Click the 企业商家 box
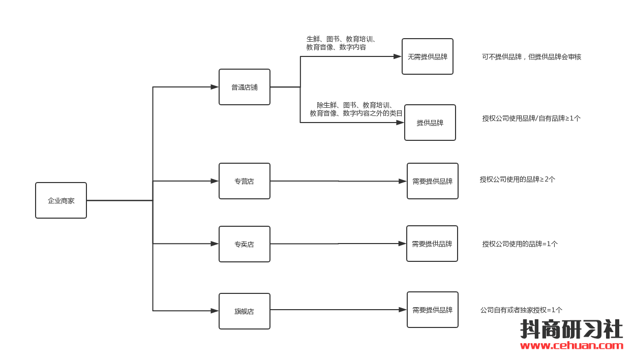click(61, 200)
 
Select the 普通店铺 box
click(245, 87)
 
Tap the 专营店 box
click(245, 181)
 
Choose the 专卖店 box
click(245, 244)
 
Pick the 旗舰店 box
click(245, 311)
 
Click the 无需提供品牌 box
click(428, 56)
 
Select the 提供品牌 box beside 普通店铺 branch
click(430, 123)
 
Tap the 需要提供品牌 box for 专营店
click(433, 181)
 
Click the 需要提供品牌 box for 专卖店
click(432, 244)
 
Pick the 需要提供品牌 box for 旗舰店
click(433, 310)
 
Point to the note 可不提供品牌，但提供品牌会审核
click(531, 57)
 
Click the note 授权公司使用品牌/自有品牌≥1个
click(531, 118)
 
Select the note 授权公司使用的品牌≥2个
click(518, 179)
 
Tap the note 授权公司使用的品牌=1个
click(520, 244)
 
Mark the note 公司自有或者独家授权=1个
click(521, 310)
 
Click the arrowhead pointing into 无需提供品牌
click(398, 56)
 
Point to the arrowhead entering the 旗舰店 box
click(215, 311)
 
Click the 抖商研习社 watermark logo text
click(571, 329)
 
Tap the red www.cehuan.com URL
click(571, 346)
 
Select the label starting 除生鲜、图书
click(356, 109)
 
